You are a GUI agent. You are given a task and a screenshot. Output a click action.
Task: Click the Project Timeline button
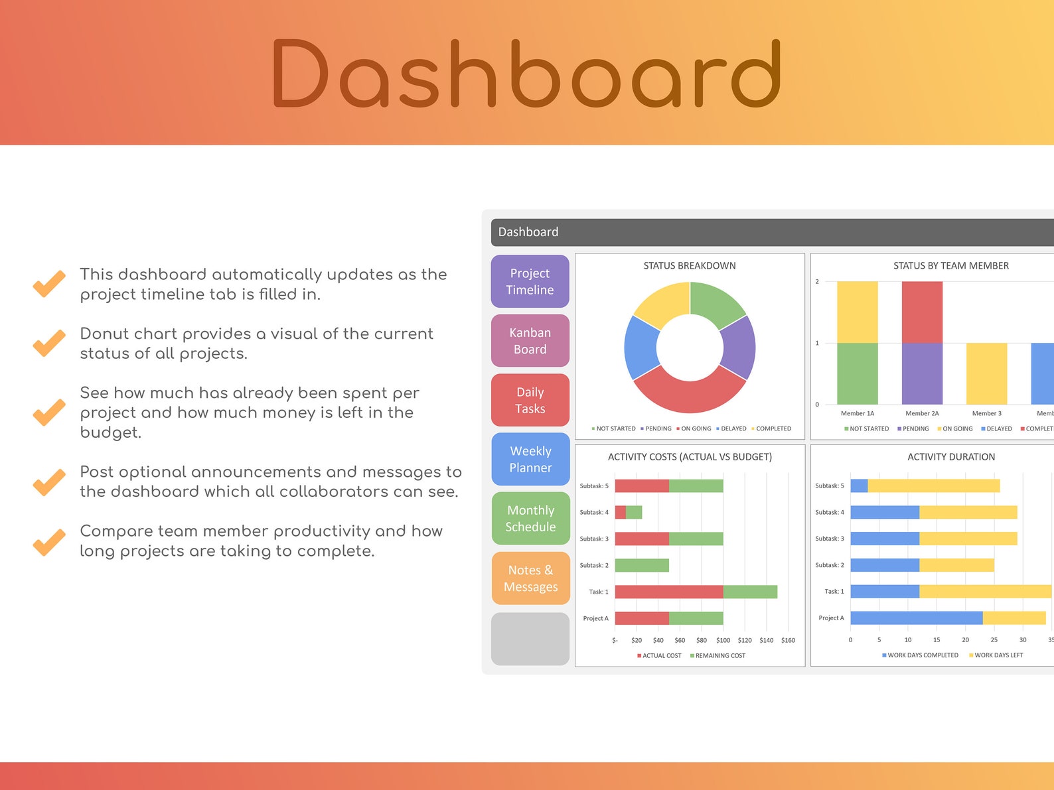(x=530, y=281)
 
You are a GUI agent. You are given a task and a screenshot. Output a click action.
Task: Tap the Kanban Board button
(x=530, y=341)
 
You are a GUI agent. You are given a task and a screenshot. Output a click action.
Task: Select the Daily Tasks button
(x=530, y=400)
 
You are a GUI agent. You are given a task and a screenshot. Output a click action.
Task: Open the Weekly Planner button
(x=530, y=459)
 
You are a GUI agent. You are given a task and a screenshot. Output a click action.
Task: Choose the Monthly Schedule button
(x=530, y=518)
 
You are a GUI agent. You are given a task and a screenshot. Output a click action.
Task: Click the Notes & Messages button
(x=530, y=578)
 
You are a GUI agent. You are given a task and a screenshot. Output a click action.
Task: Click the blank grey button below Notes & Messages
(x=530, y=638)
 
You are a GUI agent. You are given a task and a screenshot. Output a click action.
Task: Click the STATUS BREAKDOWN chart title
(x=689, y=265)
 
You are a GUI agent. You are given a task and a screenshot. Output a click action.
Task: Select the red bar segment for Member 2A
(x=922, y=312)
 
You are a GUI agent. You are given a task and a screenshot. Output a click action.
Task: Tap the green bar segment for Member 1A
(x=857, y=373)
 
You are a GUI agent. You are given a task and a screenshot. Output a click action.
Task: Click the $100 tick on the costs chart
(x=723, y=640)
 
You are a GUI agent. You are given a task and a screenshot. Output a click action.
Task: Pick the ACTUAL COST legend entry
(x=659, y=655)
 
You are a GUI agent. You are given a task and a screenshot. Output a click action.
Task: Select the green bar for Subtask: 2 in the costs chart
(x=642, y=565)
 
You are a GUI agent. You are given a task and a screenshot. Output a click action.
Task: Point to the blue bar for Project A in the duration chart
(x=916, y=618)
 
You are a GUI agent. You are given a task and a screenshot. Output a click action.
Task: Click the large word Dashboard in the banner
(x=526, y=74)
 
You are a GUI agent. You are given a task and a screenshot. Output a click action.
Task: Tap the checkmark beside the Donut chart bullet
(x=49, y=343)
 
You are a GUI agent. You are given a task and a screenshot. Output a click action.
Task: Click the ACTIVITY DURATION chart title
(x=950, y=456)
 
